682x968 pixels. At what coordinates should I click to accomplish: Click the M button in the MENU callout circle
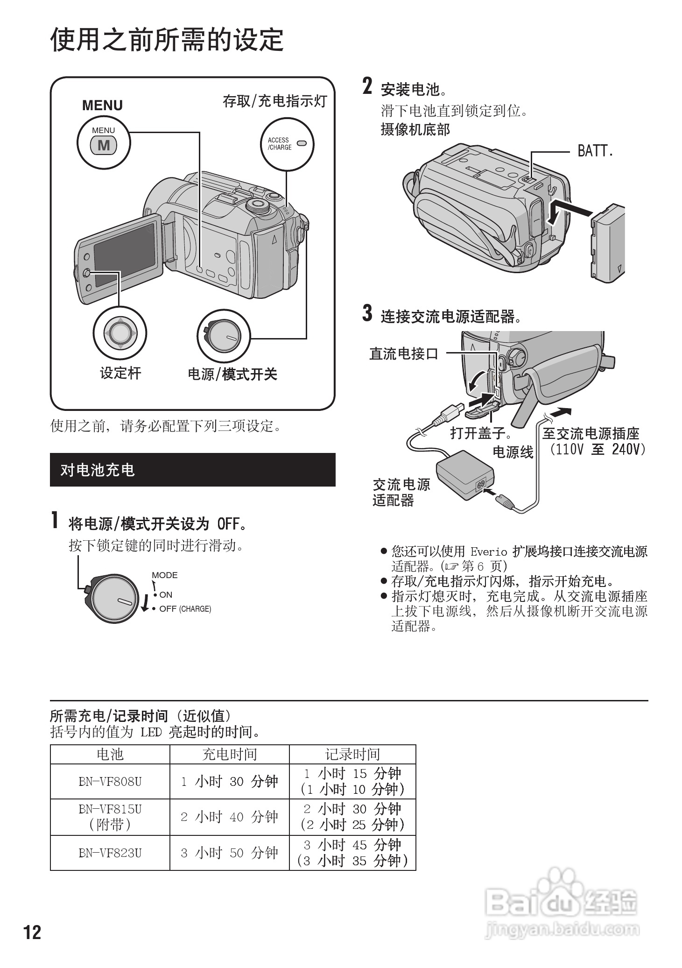tap(104, 146)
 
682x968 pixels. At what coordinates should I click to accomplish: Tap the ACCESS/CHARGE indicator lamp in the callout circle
tap(302, 143)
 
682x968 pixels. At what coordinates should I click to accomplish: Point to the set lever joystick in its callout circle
tap(120, 333)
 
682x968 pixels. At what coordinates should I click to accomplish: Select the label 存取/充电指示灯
tap(275, 101)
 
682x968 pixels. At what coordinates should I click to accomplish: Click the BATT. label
tap(595, 151)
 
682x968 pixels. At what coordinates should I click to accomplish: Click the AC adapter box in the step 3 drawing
tap(464, 475)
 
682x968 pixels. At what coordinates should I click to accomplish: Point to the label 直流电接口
tap(404, 353)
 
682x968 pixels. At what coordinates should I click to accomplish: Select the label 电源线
tap(513, 452)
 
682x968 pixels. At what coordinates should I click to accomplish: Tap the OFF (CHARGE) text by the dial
tap(185, 609)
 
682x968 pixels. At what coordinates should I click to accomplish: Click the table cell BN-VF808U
tap(110, 781)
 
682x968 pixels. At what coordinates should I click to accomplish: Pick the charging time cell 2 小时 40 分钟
tap(229, 817)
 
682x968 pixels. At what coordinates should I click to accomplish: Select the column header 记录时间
tap(352, 754)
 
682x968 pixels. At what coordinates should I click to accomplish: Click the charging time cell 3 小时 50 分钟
tap(229, 853)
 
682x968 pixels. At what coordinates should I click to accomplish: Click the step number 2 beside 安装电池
tap(368, 87)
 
